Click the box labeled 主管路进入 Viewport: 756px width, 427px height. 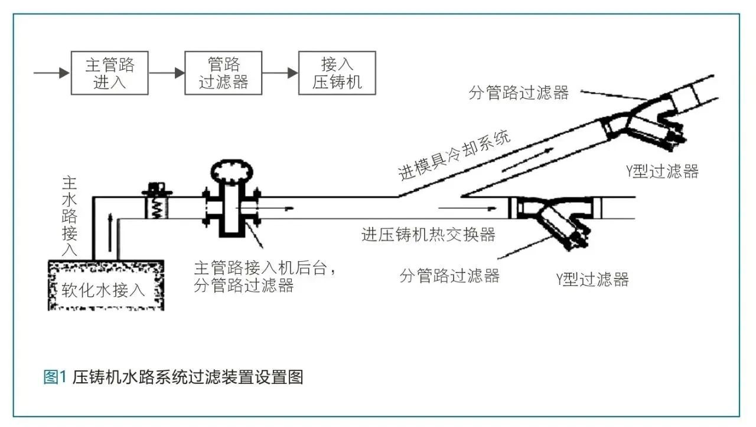(109, 73)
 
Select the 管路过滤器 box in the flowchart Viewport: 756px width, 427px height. (223, 73)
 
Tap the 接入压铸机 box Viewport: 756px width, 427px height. (337, 73)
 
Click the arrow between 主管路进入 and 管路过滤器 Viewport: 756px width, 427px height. (167, 73)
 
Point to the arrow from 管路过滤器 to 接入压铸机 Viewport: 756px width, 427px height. (280, 73)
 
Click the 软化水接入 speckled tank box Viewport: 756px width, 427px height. (105, 286)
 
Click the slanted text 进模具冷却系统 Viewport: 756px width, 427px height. (454, 156)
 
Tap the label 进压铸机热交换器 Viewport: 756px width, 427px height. (428, 235)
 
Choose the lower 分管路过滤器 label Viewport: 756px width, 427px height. (449, 275)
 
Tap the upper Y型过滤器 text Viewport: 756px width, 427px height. (662, 172)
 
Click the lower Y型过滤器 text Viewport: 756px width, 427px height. (592, 279)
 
